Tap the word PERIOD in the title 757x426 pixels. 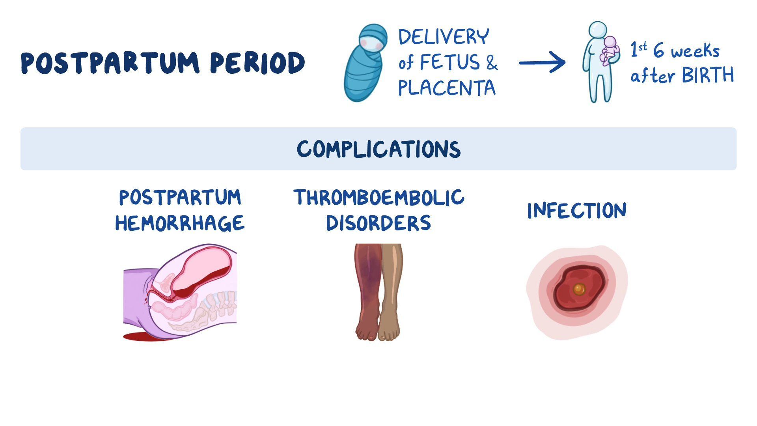click(257, 63)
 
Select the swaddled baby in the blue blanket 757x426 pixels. click(365, 63)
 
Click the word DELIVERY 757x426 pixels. click(444, 37)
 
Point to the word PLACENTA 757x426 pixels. click(447, 88)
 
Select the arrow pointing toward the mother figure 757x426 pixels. click(542, 63)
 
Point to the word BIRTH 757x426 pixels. click(708, 75)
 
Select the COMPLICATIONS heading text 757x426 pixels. click(378, 149)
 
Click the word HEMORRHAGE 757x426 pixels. click(180, 223)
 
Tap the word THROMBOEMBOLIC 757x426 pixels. click(379, 197)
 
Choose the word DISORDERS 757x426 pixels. click(378, 223)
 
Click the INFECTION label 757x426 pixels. click(577, 211)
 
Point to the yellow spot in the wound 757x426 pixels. click(579, 290)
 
